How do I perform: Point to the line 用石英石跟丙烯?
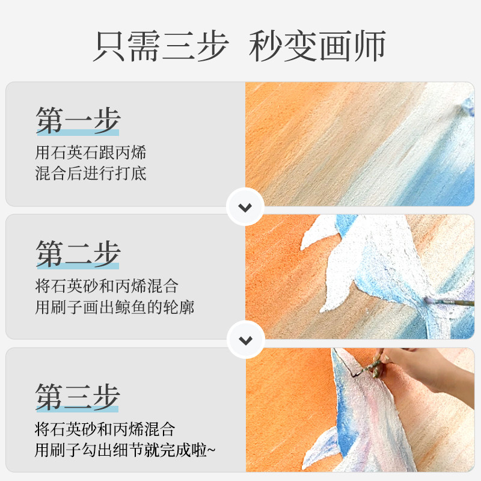tap(91, 153)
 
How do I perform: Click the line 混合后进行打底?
tap(91, 174)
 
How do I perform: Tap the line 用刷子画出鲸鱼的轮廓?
tap(115, 307)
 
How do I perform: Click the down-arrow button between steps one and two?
tap(245, 208)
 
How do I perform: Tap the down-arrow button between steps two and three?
tap(245, 340)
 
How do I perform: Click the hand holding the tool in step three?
tap(421, 367)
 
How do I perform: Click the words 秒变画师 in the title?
tap(317, 46)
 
